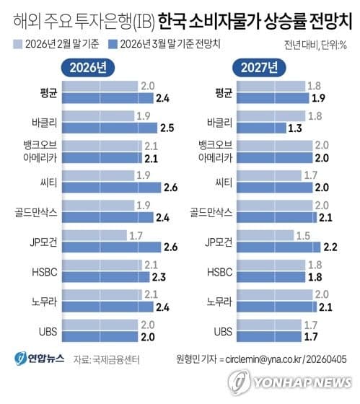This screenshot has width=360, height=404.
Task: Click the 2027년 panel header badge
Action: tap(256, 69)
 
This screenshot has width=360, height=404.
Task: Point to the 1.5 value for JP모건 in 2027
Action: tap(304, 235)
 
